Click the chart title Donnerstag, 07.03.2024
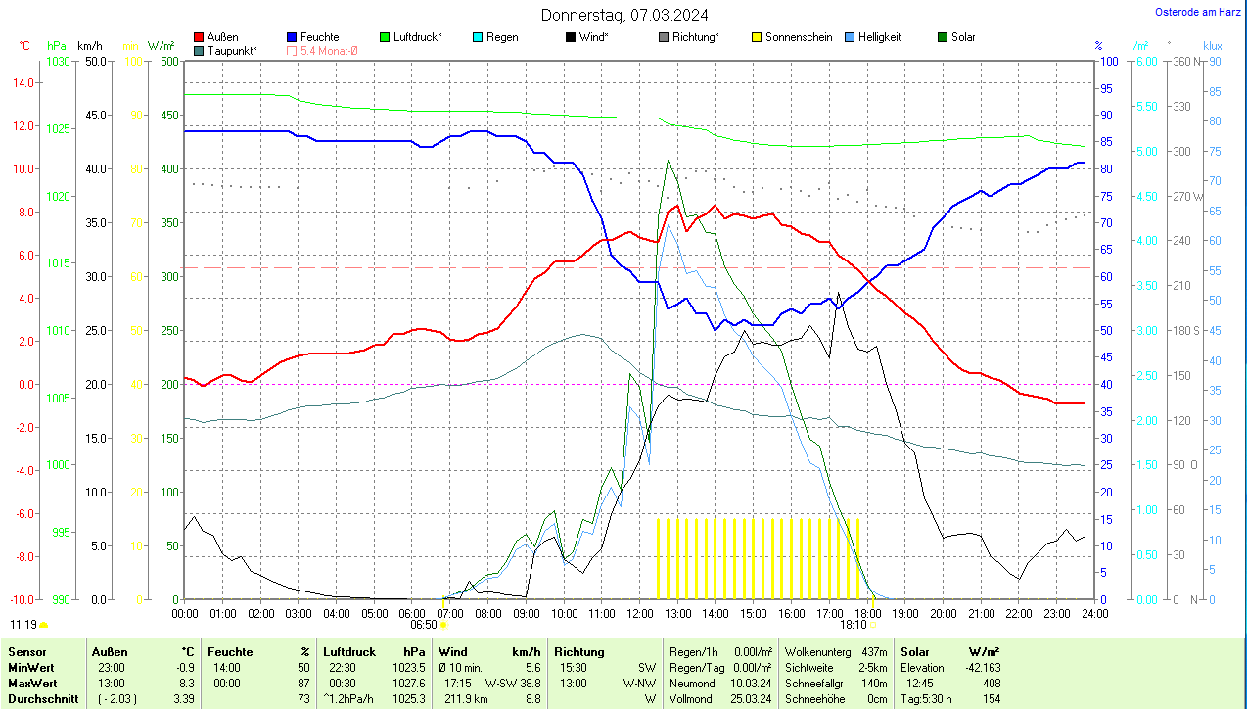pyautogui.click(x=624, y=15)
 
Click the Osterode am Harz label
pyautogui.click(x=1197, y=12)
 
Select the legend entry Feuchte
pyautogui.click(x=319, y=37)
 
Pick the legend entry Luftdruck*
pyautogui.click(x=417, y=37)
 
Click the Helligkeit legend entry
pyautogui.click(x=879, y=37)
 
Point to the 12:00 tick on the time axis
pyautogui.click(x=639, y=613)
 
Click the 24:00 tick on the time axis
pyautogui.click(x=1094, y=613)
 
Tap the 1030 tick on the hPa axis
pyautogui.click(x=59, y=61)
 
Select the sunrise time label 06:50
pyautogui.click(x=423, y=624)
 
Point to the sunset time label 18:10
pyautogui.click(x=854, y=624)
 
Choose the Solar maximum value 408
pyautogui.click(x=991, y=683)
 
